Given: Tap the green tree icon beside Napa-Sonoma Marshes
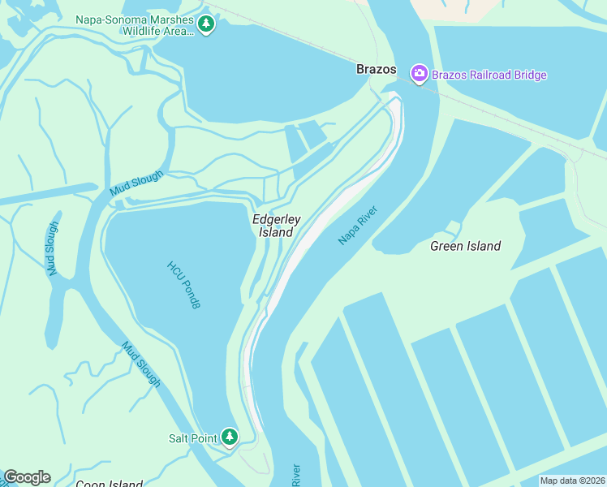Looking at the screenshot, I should coord(206,24).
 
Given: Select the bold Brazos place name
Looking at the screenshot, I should coord(377,70).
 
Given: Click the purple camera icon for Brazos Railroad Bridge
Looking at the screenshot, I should coord(419,75).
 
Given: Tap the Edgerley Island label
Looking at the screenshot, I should coord(276,226).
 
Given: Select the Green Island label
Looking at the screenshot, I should coord(465,246).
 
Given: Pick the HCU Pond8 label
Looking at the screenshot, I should coord(184,284).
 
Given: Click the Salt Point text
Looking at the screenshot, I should coord(192,438).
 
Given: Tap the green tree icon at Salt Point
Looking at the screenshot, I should coord(230,438).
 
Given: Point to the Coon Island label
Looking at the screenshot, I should coord(109,484).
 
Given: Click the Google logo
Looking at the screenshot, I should coord(27,477).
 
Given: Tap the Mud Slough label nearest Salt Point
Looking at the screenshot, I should coord(141,364).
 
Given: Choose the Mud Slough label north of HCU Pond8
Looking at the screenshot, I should coord(136,183).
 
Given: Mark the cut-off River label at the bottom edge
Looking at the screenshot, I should coord(296,476).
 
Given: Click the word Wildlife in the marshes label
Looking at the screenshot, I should coord(147,31).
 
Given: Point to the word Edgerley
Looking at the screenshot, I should coord(277,219).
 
